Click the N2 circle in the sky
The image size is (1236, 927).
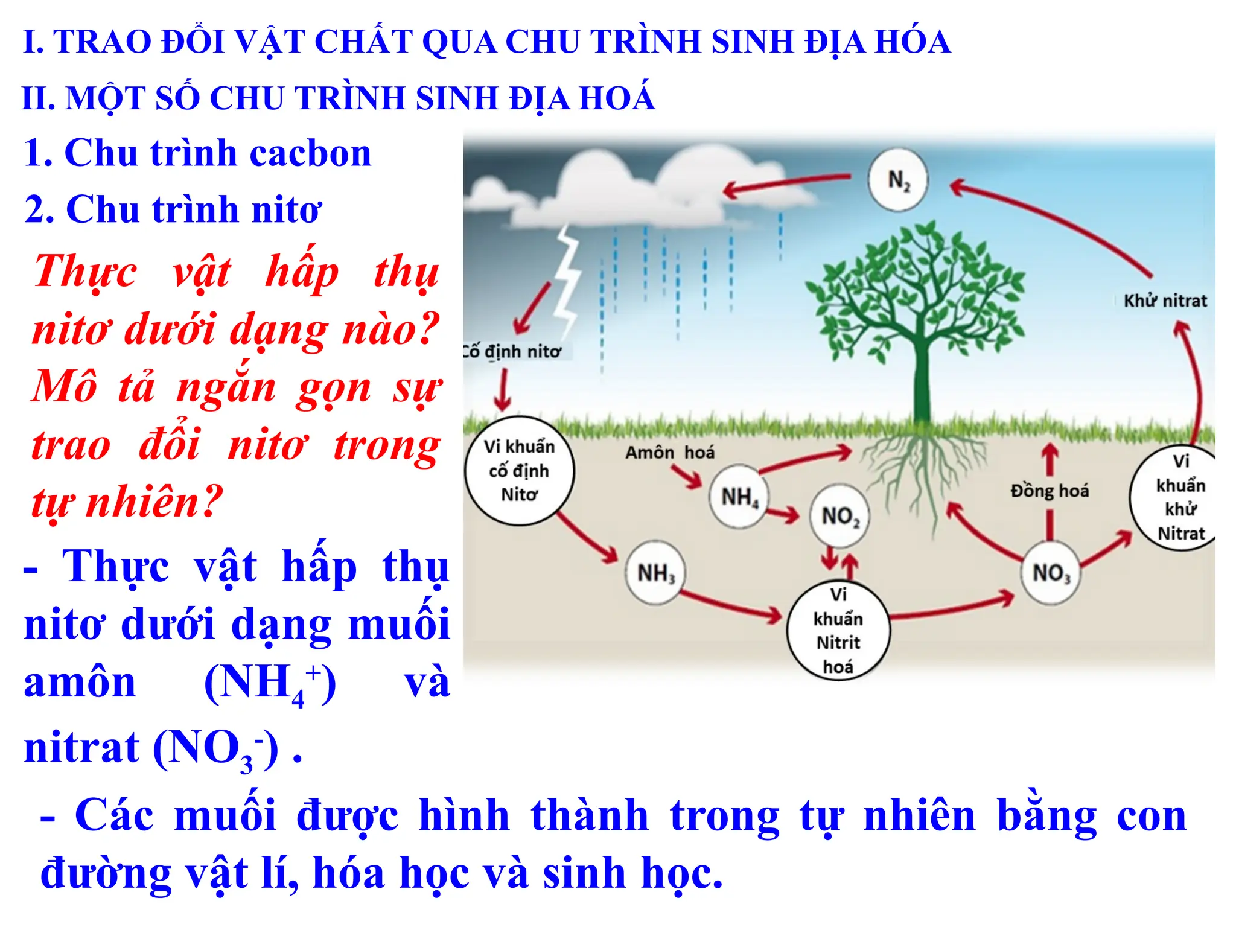[x=898, y=180]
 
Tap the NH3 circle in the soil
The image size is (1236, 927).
[x=655, y=572]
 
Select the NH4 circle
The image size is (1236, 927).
[x=739, y=497]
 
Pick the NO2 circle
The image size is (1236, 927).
[x=839, y=516]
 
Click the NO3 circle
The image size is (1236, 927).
[x=1051, y=572]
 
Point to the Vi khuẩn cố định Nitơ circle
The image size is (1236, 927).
[x=519, y=470]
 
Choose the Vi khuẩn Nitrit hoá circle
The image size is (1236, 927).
[x=838, y=630]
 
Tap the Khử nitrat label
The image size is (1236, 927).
[x=1165, y=301]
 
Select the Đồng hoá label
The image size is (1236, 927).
[x=1050, y=491]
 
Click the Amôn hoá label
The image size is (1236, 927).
[x=669, y=453]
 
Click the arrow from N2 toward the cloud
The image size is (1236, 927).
[x=785, y=185]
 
